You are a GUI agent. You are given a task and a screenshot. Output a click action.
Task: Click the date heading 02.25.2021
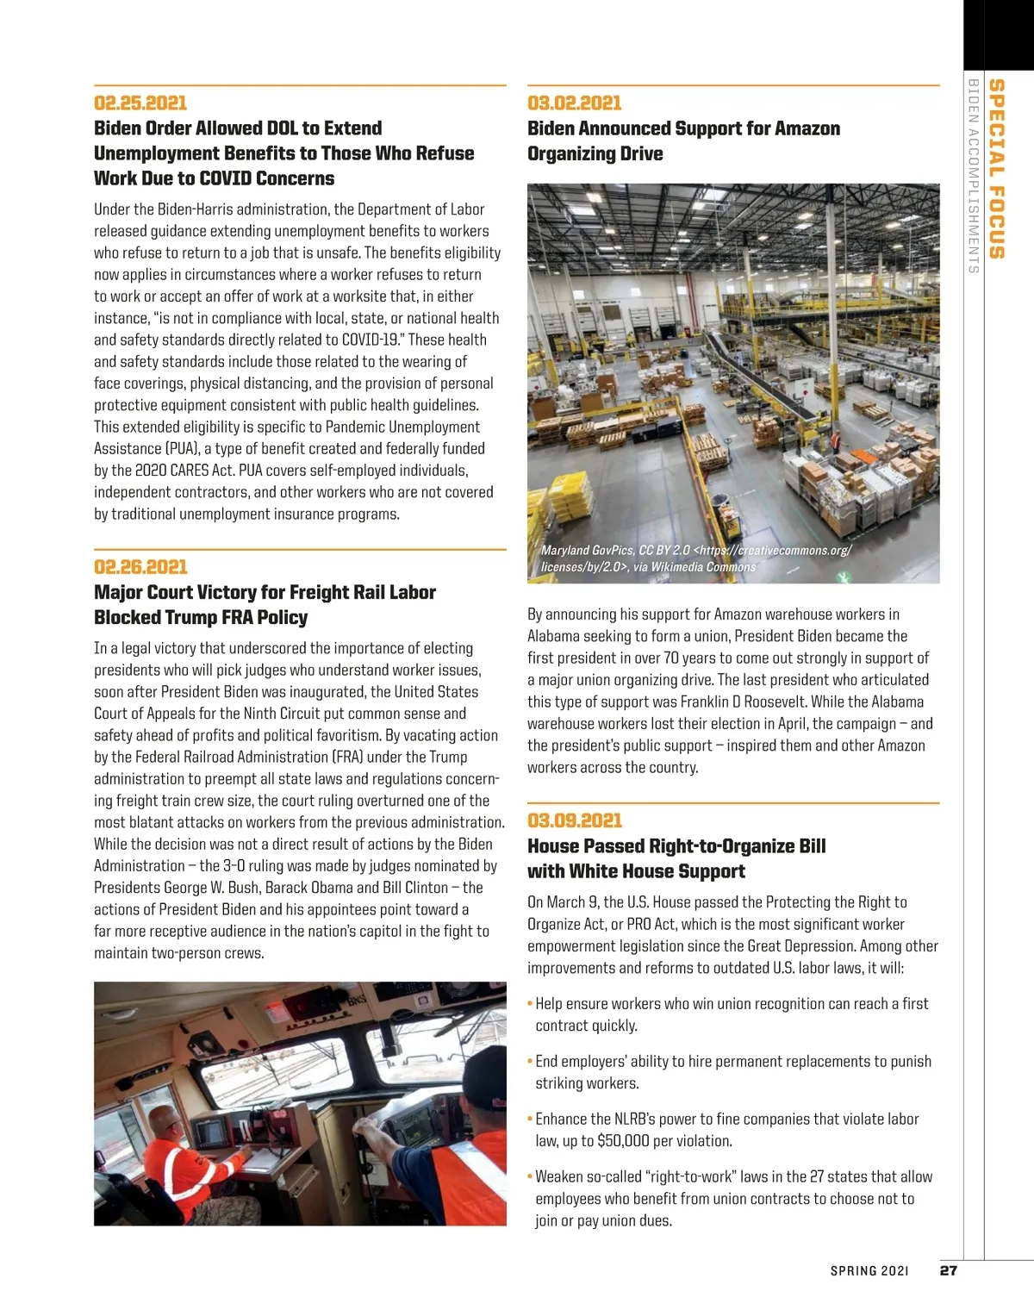140,103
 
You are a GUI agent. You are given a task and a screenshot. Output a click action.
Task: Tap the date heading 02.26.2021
140,567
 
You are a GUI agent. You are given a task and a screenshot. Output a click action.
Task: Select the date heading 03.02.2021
574,103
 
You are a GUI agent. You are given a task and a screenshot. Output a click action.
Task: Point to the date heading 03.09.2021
574,820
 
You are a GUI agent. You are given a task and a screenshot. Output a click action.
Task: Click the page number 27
948,1270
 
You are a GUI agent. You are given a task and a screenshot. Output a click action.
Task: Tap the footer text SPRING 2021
869,1271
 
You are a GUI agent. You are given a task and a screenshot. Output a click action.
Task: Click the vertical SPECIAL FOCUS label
996,169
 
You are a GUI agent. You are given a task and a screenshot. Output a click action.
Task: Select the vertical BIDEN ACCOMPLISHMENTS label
974,176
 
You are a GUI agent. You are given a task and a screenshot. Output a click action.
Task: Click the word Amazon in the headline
807,129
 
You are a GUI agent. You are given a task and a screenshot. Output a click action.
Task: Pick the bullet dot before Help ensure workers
530,1004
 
